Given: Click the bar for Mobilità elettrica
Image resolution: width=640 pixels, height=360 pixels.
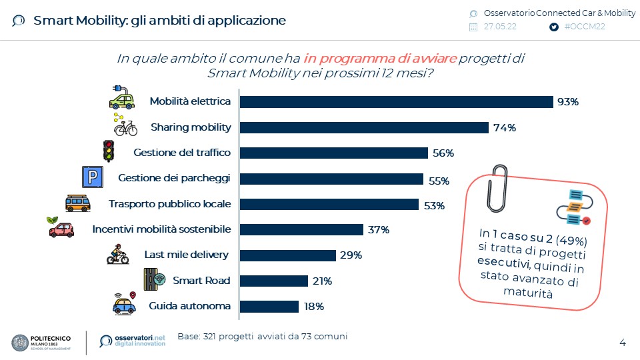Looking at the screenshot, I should (x=396, y=101).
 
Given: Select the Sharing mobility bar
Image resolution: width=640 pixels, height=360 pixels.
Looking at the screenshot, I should (x=364, y=127).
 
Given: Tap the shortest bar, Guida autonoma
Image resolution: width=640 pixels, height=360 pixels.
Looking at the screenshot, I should (x=269, y=307).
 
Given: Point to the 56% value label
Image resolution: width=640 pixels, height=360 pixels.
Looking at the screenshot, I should (x=443, y=153).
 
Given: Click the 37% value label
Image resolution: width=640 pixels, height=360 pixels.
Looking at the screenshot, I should (x=379, y=230).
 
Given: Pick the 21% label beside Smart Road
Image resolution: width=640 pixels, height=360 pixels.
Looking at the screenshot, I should (x=322, y=281).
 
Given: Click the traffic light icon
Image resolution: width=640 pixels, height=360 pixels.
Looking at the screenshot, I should (x=108, y=151).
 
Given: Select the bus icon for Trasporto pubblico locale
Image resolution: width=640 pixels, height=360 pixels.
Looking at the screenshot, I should (x=77, y=203).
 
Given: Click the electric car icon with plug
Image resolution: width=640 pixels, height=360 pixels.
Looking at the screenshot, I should (x=121, y=98).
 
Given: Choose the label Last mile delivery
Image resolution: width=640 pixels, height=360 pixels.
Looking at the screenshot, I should (x=187, y=255).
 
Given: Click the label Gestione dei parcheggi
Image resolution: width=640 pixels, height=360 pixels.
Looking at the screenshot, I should (x=174, y=178).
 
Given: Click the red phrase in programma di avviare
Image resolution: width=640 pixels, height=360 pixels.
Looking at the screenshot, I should (x=381, y=59).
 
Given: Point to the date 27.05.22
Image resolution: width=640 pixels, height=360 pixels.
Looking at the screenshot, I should (x=500, y=27).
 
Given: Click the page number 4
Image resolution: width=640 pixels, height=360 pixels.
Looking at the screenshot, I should (x=623, y=343).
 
